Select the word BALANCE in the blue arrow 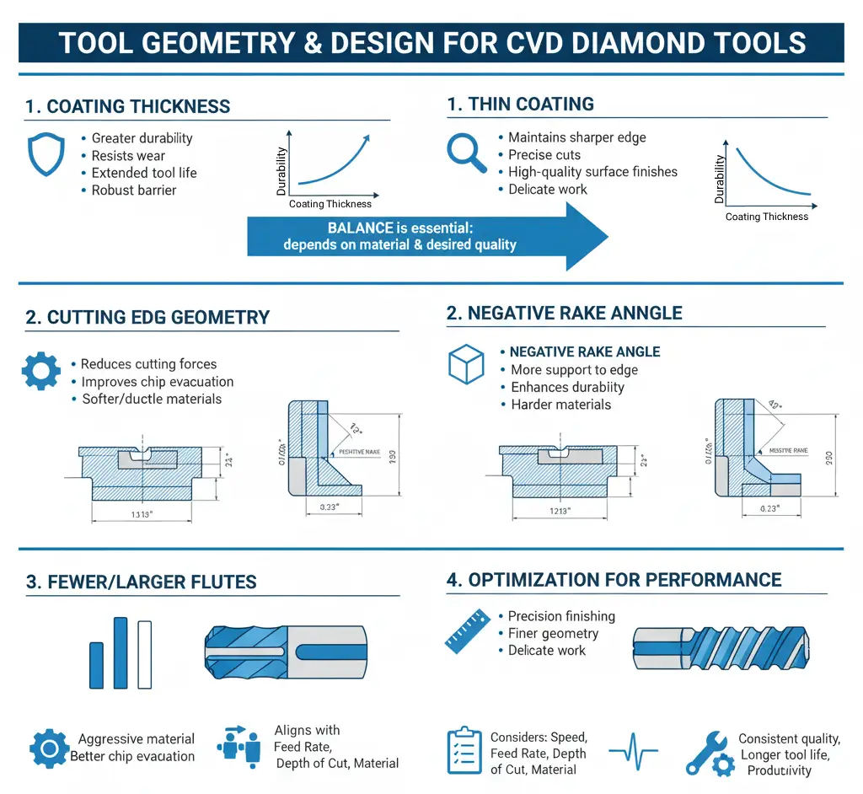pyautogui.click(x=360, y=228)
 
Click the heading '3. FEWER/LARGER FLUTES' pyautogui.click(x=141, y=582)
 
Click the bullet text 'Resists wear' pyautogui.click(x=128, y=156)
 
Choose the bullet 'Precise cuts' pyautogui.click(x=544, y=154)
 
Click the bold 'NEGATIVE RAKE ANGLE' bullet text pyautogui.click(x=585, y=352)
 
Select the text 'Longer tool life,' pyautogui.click(x=785, y=754)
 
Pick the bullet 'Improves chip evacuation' pyautogui.click(x=158, y=382)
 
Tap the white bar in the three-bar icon pyautogui.click(x=144, y=654)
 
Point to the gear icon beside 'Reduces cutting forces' pyautogui.click(x=40, y=371)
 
